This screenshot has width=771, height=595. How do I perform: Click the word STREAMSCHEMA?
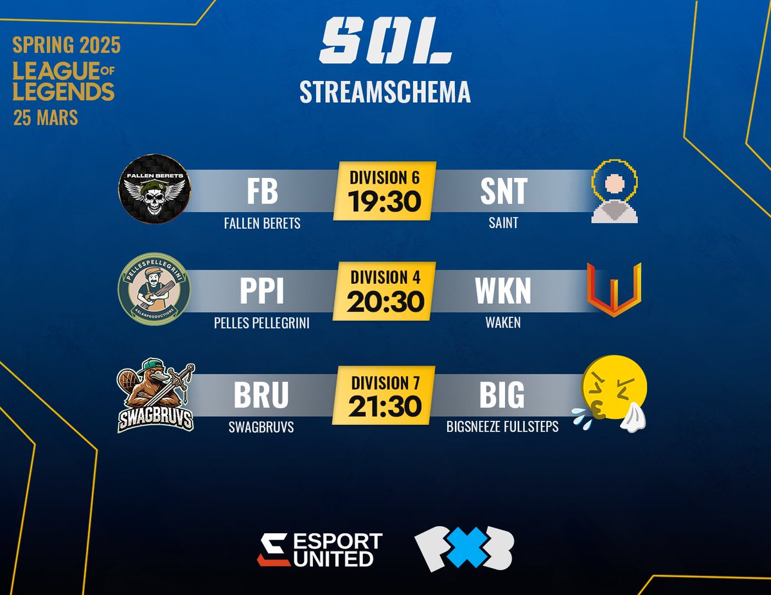385,92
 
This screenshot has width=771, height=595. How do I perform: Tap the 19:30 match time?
385,201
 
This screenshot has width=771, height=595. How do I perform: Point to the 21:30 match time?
385,405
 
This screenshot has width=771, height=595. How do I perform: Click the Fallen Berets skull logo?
155,191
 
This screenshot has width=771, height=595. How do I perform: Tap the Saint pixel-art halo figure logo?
615,192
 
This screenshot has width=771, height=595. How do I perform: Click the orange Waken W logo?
614,289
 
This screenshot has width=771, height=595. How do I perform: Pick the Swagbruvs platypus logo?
156,397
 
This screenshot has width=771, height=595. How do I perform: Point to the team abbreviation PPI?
261,291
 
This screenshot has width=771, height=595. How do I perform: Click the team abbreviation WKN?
503,291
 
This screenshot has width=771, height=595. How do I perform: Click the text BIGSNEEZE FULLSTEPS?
502,426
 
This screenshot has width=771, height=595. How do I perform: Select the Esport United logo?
320,550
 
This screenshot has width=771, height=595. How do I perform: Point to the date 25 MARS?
46,118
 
